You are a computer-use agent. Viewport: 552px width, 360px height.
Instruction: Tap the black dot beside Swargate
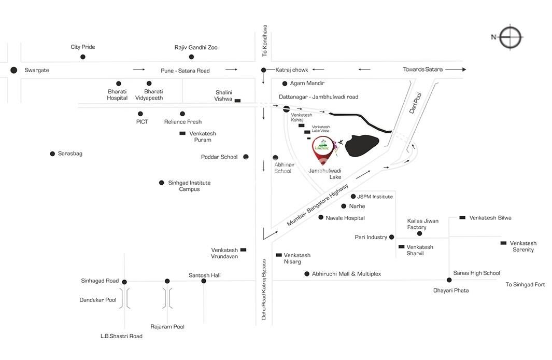click(13, 70)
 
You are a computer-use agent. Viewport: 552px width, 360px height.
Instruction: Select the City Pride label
click(83, 47)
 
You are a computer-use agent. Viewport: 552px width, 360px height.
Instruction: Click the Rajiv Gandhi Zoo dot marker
click(191, 57)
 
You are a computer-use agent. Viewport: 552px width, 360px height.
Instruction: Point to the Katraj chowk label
click(291, 70)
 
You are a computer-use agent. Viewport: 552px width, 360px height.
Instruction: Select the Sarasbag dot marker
click(52, 154)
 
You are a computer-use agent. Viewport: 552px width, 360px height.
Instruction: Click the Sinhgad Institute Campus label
click(189, 186)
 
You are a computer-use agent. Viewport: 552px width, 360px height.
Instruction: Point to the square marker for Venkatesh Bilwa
click(462, 218)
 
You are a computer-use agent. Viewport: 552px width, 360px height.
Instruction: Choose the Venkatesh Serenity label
click(523, 246)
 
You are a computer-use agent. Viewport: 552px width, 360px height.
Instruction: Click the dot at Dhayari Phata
click(449, 280)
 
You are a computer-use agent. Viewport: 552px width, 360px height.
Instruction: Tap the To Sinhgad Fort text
click(526, 284)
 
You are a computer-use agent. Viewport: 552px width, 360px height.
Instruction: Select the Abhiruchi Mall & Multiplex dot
click(307, 273)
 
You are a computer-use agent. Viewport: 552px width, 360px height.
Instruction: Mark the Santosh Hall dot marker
click(204, 281)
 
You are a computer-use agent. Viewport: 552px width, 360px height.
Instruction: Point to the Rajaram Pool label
click(167, 327)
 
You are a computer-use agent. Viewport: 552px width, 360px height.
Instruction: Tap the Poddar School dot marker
click(246, 157)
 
